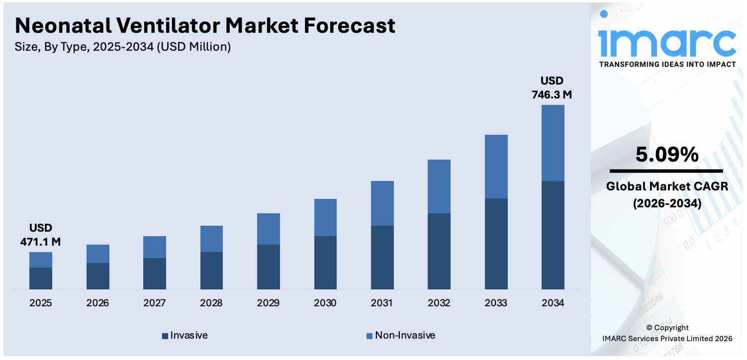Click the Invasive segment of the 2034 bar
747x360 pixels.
click(553, 235)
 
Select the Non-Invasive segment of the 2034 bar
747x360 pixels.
click(553, 143)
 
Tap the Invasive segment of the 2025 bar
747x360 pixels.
click(41, 278)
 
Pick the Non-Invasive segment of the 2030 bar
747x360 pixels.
click(325, 218)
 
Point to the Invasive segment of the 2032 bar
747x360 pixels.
click(439, 251)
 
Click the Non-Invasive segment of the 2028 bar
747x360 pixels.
click(211, 239)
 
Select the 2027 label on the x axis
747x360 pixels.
click(154, 303)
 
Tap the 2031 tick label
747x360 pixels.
click(382, 303)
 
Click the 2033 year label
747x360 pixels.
click(496, 303)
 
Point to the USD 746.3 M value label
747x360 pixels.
click(552, 88)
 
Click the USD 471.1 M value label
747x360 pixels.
click(41, 235)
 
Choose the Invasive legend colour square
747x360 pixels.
click(165, 336)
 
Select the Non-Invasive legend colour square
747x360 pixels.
click(370, 336)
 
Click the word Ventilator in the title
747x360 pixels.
click(168, 26)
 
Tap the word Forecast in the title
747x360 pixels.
click(350, 26)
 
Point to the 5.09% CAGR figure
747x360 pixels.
click(667, 155)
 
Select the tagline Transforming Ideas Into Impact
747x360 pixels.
click(667, 64)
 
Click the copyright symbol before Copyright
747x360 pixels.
click(650, 328)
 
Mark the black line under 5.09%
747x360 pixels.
click(666, 171)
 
